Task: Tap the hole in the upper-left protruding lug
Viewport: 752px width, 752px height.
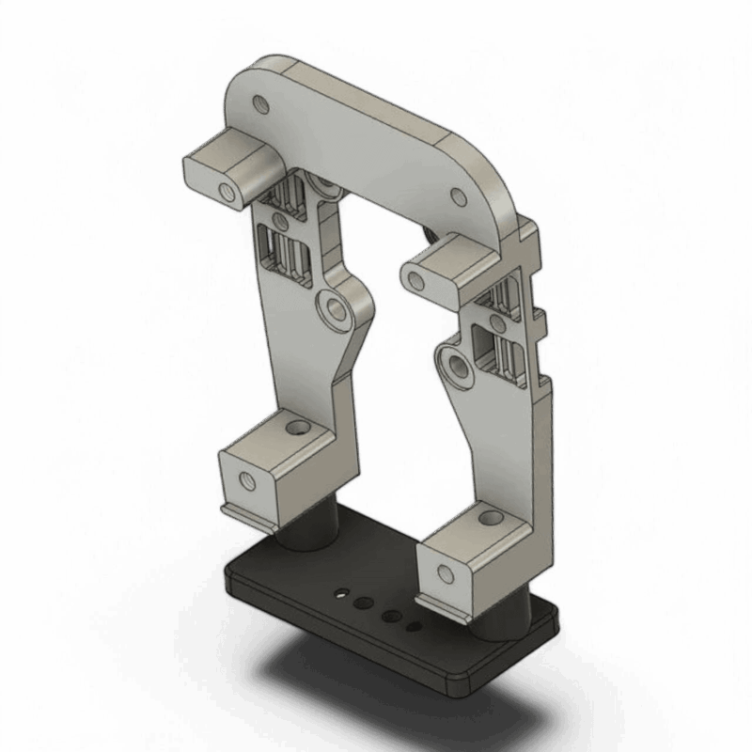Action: coord(226,194)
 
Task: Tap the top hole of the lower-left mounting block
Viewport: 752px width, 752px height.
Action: coord(299,429)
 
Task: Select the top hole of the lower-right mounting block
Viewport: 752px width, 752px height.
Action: coord(492,516)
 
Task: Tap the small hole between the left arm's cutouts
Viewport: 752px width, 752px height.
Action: coord(279,223)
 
